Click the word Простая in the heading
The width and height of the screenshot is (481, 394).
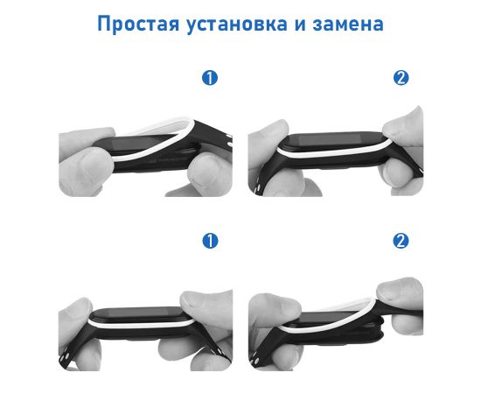(x=138, y=24)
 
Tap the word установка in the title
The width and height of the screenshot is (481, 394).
(x=237, y=25)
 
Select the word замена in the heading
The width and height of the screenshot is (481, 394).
(x=348, y=25)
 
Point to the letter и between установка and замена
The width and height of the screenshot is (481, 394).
(x=300, y=25)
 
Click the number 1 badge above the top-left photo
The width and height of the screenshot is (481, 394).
(x=210, y=78)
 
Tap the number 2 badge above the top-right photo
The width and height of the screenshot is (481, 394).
(x=401, y=78)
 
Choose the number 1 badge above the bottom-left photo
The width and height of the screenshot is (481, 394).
(x=210, y=241)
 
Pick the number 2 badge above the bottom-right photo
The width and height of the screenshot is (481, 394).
(x=401, y=241)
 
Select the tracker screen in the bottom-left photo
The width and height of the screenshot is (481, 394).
(x=140, y=313)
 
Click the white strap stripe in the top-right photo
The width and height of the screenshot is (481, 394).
(x=331, y=153)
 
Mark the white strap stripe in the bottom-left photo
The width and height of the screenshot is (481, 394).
(x=141, y=324)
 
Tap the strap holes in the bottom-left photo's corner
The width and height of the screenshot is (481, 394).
(x=66, y=357)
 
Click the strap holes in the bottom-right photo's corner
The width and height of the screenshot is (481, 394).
(x=255, y=359)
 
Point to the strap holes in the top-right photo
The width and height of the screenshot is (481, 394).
(x=258, y=186)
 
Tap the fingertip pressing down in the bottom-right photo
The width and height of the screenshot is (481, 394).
(x=399, y=290)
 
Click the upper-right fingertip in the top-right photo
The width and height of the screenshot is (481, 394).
(x=403, y=126)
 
